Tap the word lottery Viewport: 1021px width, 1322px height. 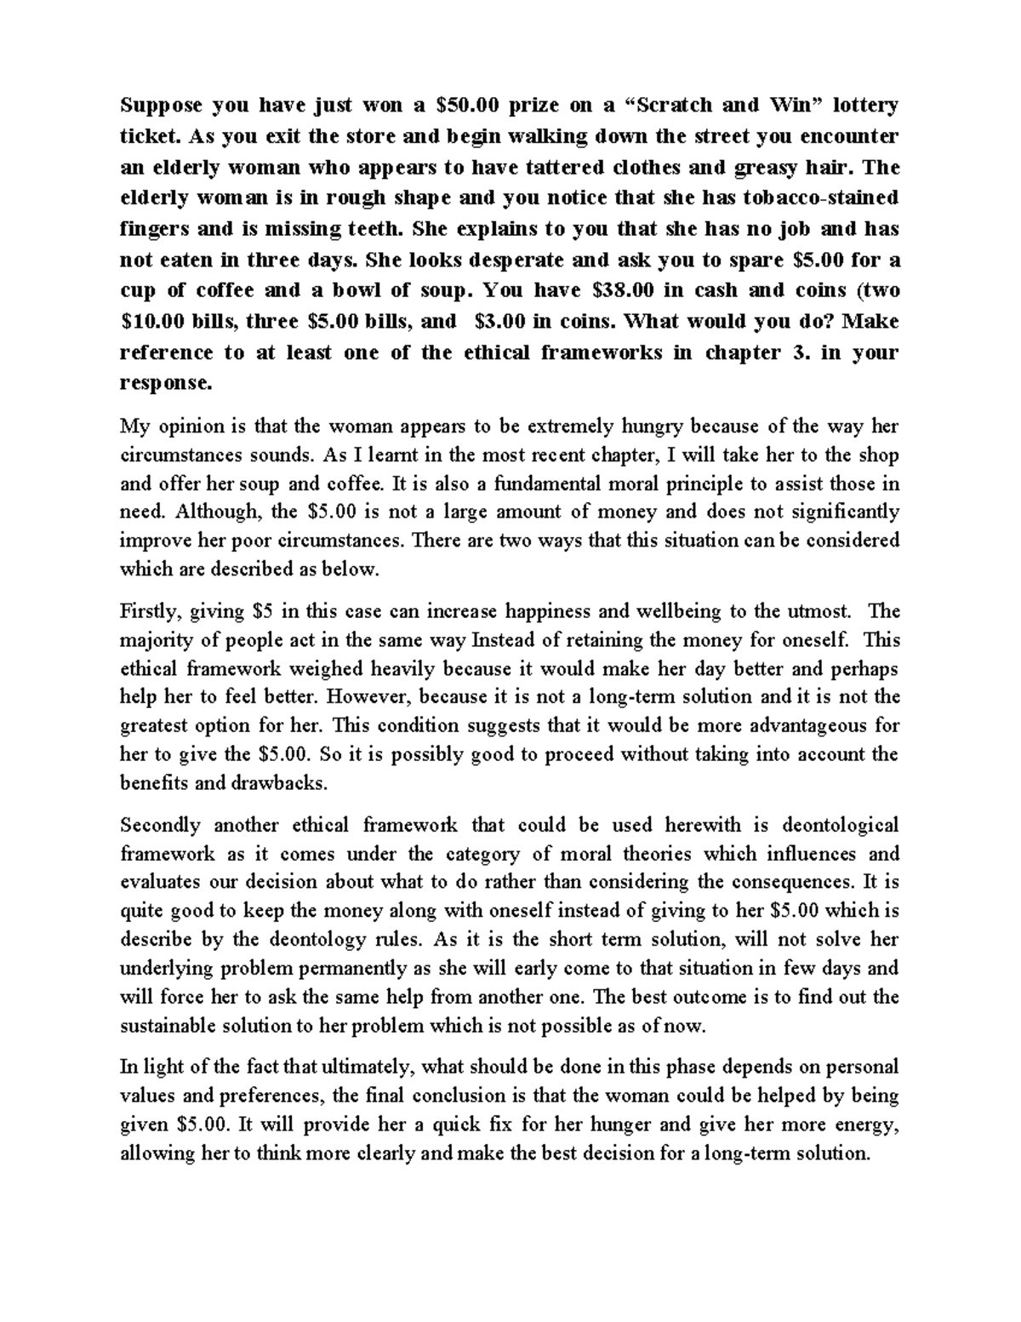[865, 106]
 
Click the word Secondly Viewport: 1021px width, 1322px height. [161, 825]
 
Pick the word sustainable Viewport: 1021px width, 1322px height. [174, 1026]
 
